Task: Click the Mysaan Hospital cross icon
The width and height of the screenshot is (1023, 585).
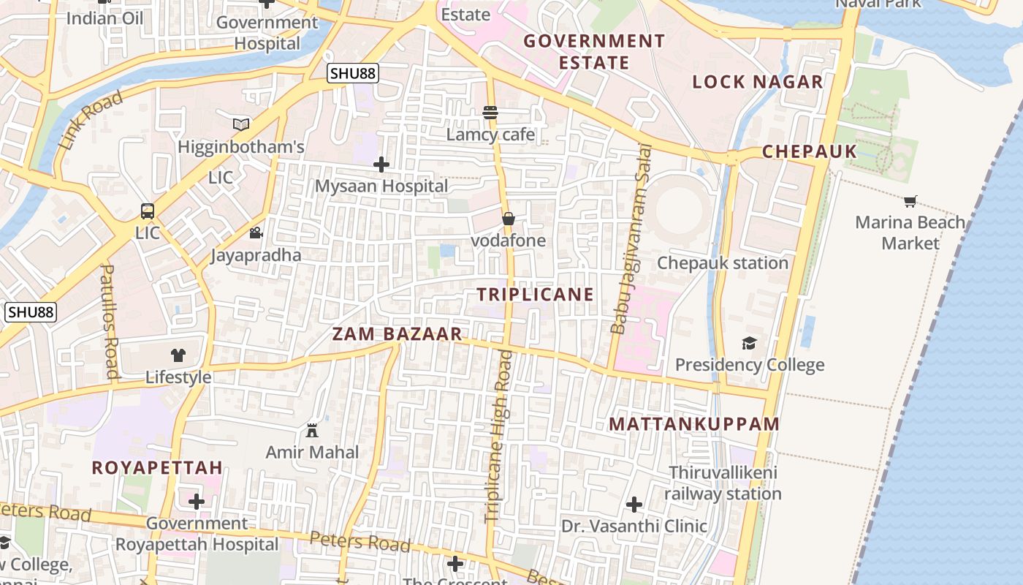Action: tap(381, 165)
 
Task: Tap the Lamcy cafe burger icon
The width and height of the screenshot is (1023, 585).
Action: tap(490, 113)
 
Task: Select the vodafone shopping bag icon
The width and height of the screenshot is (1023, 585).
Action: tap(509, 219)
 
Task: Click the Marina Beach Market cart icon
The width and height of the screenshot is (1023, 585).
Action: tap(910, 201)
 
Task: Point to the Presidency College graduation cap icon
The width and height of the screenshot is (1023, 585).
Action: tap(749, 343)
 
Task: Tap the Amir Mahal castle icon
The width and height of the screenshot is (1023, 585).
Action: tap(312, 430)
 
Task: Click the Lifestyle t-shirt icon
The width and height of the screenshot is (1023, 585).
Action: tap(178, 355)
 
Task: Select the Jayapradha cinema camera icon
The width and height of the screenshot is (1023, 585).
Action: tap(256, 233)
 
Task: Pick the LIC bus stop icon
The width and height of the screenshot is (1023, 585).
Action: tap(148, 211)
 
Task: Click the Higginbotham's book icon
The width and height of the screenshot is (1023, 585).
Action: tap(241, 125)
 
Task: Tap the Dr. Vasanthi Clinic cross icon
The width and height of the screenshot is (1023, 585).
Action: tap(634, 504)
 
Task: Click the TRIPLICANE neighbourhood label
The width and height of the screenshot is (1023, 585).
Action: tap(536, 295)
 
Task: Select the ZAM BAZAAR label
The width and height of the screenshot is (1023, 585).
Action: tap(398, 334)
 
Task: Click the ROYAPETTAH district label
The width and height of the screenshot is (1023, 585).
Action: tap(157, 468)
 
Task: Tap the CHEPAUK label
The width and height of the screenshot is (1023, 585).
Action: tap(810, 152)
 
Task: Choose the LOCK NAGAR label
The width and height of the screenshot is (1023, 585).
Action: tap(758, 82)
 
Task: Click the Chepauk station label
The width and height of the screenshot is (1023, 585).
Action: tap(723, 263)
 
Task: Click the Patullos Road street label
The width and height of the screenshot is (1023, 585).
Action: tap(109, 321)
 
